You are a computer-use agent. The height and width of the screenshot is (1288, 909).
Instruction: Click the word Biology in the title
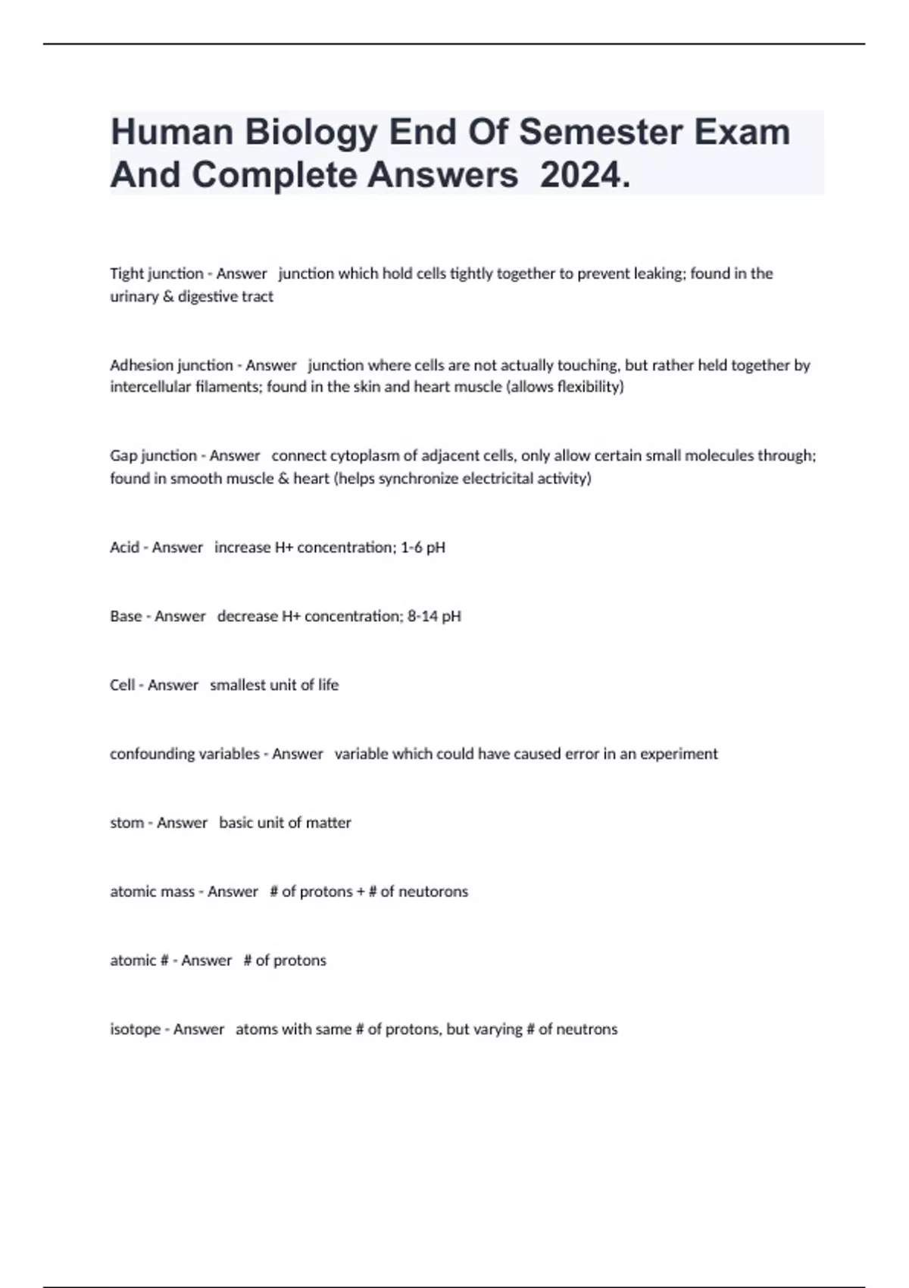[310, 132]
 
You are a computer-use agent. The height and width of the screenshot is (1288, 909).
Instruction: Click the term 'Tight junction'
[157, 274]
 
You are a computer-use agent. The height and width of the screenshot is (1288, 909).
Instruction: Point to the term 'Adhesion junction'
[171, 365]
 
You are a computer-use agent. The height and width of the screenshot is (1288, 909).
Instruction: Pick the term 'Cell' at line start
[122, 685]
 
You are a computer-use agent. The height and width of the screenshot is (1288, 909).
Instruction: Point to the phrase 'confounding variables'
[184, 754]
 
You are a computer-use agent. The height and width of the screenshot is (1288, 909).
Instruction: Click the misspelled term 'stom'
[127, 823]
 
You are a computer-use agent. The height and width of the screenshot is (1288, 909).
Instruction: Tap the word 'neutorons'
[433, 892]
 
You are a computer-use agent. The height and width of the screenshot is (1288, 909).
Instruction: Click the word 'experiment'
[679, 754]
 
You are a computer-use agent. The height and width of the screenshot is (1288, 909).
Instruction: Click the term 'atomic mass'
[152, 892]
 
